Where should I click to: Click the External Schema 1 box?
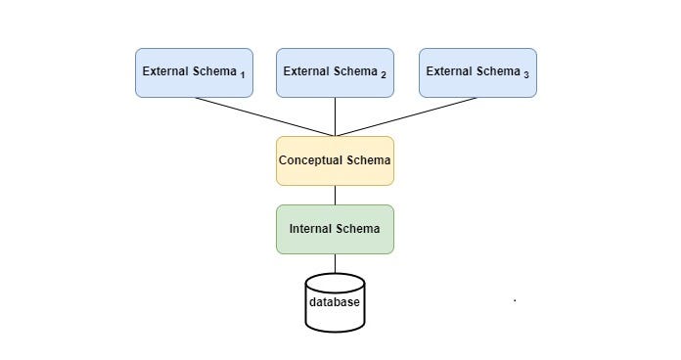194,72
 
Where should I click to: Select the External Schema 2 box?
335,72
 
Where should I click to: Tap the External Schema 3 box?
477,72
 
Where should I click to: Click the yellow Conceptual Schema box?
335,160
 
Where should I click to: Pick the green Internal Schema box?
335,229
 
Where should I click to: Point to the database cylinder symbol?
335,303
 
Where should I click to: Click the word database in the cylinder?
335,301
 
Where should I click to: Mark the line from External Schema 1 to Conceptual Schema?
264,116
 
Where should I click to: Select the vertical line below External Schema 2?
335,116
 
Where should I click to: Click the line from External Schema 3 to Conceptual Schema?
406,116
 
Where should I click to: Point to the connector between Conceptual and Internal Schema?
335,195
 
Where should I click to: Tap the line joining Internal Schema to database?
335,263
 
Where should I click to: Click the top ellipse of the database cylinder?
335,282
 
